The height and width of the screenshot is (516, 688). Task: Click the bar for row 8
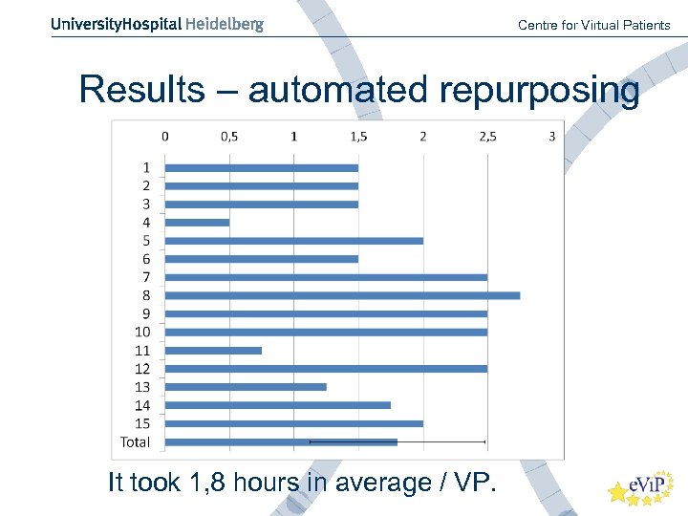coord(342,295)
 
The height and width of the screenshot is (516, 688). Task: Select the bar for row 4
coord(197,223)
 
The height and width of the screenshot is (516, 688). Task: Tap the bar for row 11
coord(213,351)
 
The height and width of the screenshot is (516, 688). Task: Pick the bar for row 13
coord(246,387)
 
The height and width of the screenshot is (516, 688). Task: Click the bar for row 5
coord(293,241)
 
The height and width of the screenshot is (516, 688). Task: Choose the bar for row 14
coord(277,405)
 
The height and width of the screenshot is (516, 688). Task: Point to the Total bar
coord(281,441)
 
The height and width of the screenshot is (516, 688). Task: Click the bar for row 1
coord(261,168)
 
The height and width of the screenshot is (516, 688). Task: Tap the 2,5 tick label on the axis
coord(487,137)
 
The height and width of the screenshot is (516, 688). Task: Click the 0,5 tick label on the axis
coord(229,137)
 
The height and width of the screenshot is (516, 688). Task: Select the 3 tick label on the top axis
coord(552,137)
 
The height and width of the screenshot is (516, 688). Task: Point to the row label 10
coord(141,332)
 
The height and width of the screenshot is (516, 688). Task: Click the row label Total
coord(135,441)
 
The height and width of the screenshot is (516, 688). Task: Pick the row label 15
coord(141,423)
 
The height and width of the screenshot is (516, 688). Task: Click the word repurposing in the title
coord(540,92)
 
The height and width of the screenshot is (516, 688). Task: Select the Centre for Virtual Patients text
coord(593,25)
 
